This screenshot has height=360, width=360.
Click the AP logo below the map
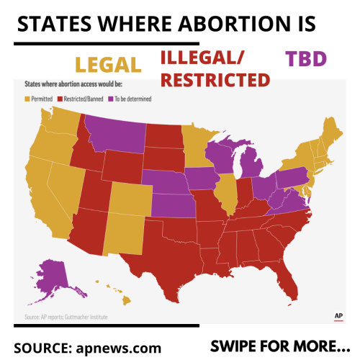point(336,316)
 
